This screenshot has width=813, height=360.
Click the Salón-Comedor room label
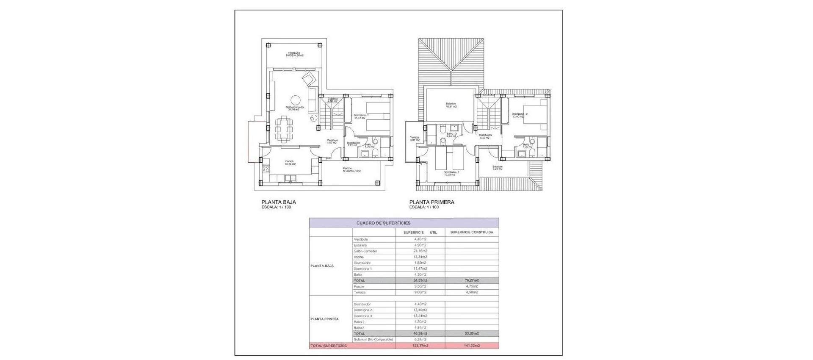295,108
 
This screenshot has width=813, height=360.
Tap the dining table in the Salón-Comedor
284,130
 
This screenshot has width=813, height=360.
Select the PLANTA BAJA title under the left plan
279,202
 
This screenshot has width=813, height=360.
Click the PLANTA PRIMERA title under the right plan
431,202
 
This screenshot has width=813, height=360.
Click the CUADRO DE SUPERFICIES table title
383,223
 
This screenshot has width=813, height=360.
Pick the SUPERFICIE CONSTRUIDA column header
472,232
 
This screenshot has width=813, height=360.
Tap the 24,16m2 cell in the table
420,251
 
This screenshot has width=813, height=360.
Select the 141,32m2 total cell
472,346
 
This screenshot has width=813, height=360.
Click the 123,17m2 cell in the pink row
420,346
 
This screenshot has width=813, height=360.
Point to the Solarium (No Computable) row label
373,339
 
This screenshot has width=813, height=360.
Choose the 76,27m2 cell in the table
472,280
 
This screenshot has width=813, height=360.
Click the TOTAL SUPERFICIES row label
329,346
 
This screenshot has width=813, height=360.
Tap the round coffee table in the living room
295,100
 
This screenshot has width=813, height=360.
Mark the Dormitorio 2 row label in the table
362,310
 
